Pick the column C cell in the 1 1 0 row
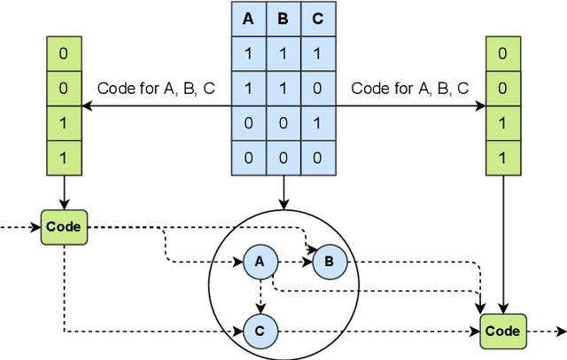(317, 89)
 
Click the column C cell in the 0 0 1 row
(317, 123)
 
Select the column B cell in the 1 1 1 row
(283, 54)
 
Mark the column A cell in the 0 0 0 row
(248, 158)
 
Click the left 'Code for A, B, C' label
(154, 88)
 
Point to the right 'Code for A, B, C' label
(409, 88)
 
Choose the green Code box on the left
(64, 226)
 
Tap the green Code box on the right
(503, 331)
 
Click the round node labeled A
(260, 262)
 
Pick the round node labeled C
(260, 332)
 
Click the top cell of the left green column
(64, 54)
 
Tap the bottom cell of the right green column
(503, 158)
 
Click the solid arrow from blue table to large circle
(283, 191)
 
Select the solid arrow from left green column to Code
(64, 192)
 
